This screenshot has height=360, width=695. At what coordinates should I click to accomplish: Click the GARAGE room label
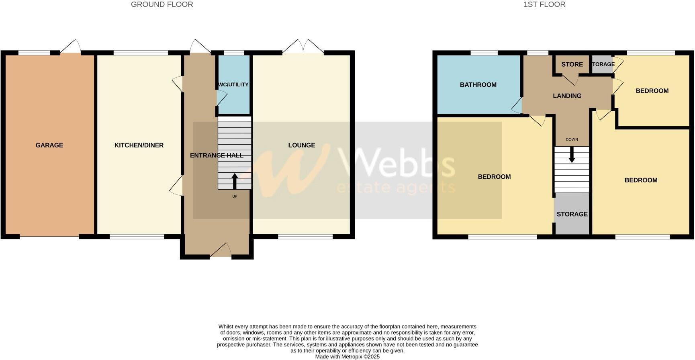point(49,145)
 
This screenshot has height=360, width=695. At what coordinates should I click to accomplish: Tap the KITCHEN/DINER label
point(139,145)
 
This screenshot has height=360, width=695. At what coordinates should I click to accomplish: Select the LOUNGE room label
point(301,145)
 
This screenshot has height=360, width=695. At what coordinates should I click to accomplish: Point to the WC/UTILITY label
point(233,84)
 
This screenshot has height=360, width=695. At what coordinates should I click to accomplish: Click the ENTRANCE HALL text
point(217,155)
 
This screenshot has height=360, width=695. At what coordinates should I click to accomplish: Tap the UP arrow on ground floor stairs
point(235,181)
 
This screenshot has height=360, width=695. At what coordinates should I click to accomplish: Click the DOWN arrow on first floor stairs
point(572,155)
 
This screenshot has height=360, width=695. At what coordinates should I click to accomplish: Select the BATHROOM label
point(478,85)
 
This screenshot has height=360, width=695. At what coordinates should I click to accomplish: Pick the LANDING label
point(567,96)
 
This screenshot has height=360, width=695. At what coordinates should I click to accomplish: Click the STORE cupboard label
point(572,64)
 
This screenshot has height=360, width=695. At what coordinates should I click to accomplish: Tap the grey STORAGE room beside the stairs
point(572,214)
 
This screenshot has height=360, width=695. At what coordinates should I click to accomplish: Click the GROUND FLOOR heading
point(162,4)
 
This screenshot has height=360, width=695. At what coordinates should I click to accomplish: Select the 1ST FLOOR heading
point(544,4)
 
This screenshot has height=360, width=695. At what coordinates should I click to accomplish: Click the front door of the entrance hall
point(221,251)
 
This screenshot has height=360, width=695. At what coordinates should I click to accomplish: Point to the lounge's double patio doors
point(303,47)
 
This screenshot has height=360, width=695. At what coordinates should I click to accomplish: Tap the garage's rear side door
point(71,47)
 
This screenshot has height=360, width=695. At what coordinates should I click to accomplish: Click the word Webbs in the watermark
point(397,163)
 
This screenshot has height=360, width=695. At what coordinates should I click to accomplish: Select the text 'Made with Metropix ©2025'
point(347,356)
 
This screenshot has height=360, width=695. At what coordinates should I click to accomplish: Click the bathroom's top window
point(484,53)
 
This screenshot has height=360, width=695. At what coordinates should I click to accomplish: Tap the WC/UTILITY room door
point(221,98)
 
